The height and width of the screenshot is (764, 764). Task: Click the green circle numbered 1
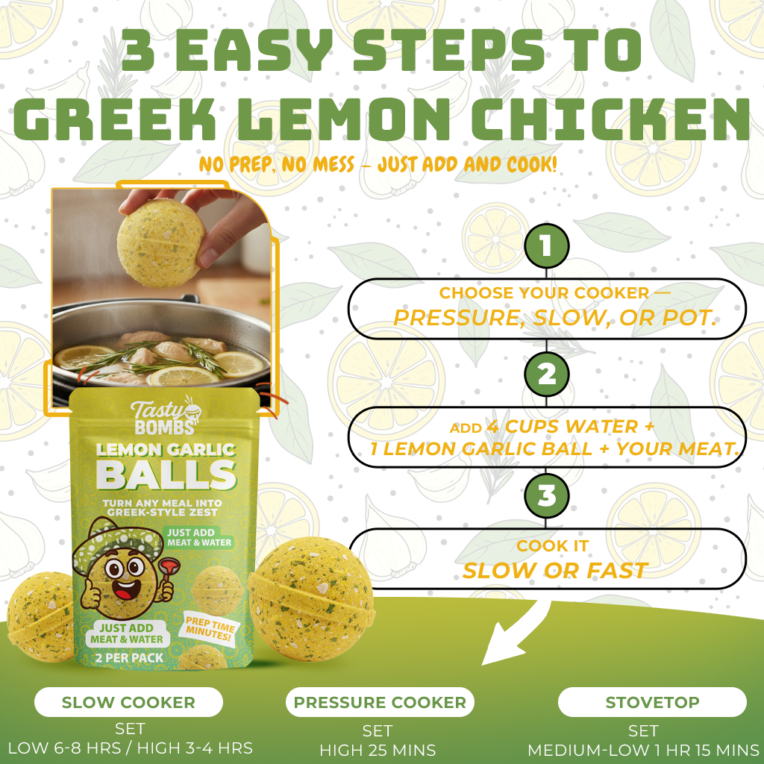coord(547,246)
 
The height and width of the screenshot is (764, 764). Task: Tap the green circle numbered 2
coord(547,373)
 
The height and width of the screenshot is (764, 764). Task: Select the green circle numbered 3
coord(547,495)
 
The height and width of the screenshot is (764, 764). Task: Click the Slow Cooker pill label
coord(128,702)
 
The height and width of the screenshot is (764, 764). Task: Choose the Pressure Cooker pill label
coord(380,702)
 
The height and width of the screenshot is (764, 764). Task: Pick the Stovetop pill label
coord(652,702)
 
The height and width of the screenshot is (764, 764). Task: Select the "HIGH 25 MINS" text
coord(378,749)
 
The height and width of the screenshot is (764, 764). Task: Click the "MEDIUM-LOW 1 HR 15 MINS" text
coord(643,749)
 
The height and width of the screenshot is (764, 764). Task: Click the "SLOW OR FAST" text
coord(554,571)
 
